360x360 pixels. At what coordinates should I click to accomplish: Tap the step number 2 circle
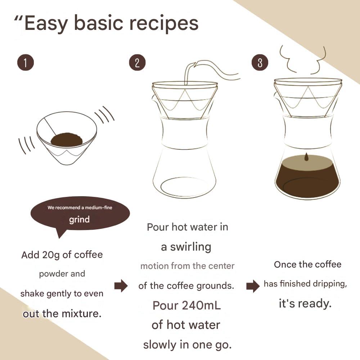(137, 63)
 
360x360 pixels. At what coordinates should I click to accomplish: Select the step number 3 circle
(260, 63)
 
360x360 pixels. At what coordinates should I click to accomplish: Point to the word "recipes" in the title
(164, 23)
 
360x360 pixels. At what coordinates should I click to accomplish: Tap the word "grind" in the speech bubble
(79, 219)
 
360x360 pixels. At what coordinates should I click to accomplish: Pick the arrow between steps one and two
(121, 286)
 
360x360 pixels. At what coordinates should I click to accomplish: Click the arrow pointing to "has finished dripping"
(253, 286)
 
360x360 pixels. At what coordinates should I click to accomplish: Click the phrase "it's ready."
(305, 303)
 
